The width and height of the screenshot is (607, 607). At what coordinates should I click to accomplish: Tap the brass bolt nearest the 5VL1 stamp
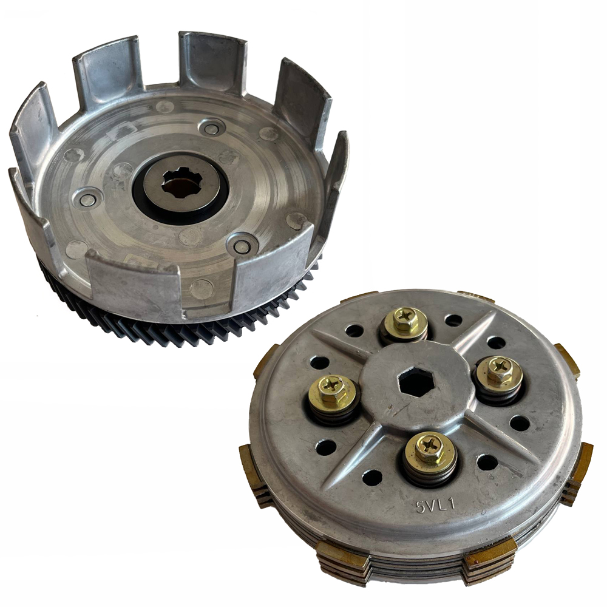click(x=431, y=450)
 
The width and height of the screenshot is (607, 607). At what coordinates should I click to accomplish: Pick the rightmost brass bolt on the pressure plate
click(x=500, y=369)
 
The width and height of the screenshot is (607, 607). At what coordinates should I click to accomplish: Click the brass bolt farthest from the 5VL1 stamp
click(x=405, y=319)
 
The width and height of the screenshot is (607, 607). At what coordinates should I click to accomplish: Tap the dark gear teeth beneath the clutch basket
click(x=182, y=331)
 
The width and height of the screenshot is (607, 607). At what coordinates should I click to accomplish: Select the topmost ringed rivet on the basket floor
click(x=212, y=128)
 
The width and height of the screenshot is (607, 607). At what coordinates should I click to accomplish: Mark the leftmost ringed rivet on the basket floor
click(x=87, y=198)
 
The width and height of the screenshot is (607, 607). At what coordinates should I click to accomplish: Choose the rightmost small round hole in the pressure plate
click(x=520, y=423)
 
